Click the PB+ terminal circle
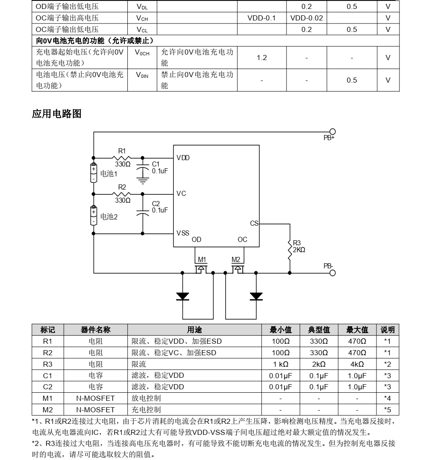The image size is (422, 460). pos(333,132)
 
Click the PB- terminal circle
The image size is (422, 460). pos(333,273)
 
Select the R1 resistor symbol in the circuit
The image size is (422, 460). pos(122,157)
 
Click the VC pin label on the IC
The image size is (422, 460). pos(181,193)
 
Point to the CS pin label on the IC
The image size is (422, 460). pos(254,223)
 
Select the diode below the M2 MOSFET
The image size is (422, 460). pos(256,296)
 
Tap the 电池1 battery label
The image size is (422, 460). pos(109,174)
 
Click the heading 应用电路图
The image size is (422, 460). pos(57,114)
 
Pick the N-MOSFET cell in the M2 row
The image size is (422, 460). pos(95,410)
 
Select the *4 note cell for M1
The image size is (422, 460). pos(387,398)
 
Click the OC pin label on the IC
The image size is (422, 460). pos(242,239)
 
